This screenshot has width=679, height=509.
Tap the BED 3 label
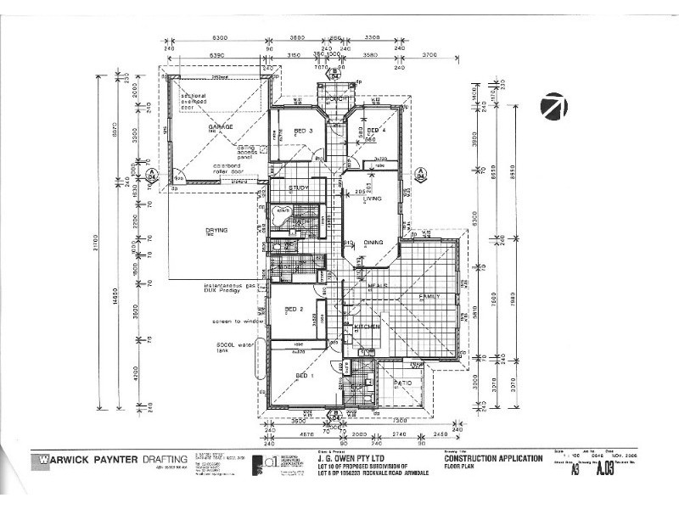(x=304, y=131)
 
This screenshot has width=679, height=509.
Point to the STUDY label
(x=298, y=188)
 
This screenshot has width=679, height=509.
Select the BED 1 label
(x=305, y=374)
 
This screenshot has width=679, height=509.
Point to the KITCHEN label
(x=365, y=326)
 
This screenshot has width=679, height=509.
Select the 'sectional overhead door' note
(x=197, y=103)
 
